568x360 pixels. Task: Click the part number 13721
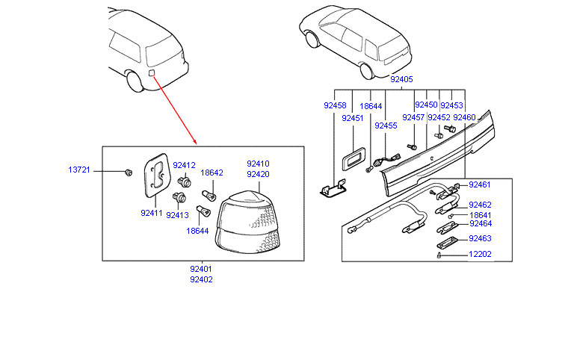tap(79, 170)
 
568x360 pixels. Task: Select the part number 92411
tap(151, 213)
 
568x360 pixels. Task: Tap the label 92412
tap(184, 166)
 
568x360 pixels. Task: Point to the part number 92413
tap(178, 215)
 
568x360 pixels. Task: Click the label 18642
tap(212, 173)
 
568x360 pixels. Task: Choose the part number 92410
tap(258, 164)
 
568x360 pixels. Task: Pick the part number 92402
tap(200, 279)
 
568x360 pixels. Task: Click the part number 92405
tap(402, 79)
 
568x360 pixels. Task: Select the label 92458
tap(335, 106)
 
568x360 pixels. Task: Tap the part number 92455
tap(386, 126)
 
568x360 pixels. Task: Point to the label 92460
tap(464, 117)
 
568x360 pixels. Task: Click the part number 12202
tap(480, 254)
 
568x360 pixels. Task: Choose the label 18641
tap(480, 215)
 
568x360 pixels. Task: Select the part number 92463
tap(480, 239)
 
